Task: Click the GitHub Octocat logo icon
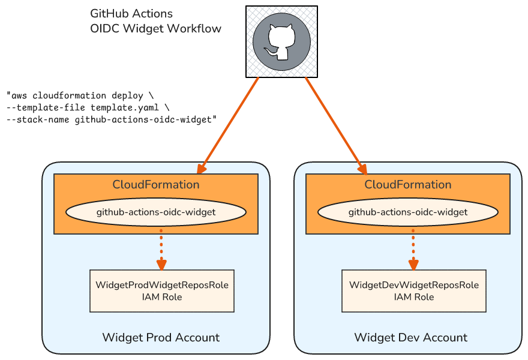[281, 41]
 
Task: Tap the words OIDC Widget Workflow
[155, 28]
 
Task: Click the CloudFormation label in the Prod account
[156, 184]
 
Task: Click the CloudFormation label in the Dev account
[408, 184]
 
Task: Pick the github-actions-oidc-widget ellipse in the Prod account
[156, 212]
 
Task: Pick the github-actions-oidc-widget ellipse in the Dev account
[408, 212]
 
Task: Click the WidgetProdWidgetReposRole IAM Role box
[162, 291]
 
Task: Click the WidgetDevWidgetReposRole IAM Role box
[414, 291]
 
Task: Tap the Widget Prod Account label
[161, 337]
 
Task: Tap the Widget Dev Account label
[411, 337]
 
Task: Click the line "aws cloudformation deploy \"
[80, 95]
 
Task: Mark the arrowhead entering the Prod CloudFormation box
[202, 169]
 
